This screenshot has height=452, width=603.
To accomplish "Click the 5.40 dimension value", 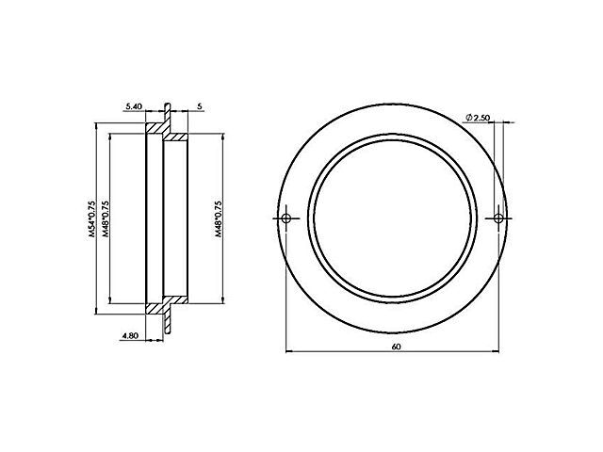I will point(134,107).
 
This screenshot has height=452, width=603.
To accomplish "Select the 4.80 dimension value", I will point(131,333).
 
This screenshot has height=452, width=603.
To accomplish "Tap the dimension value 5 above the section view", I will point(200,107).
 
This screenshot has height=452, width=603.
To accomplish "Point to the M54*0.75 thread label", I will point(92,220).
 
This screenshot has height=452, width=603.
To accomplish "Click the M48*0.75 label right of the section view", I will point(219,220).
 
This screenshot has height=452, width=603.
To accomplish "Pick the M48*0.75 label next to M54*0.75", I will point(106,220).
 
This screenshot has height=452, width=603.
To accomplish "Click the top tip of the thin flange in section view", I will point(167,104).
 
